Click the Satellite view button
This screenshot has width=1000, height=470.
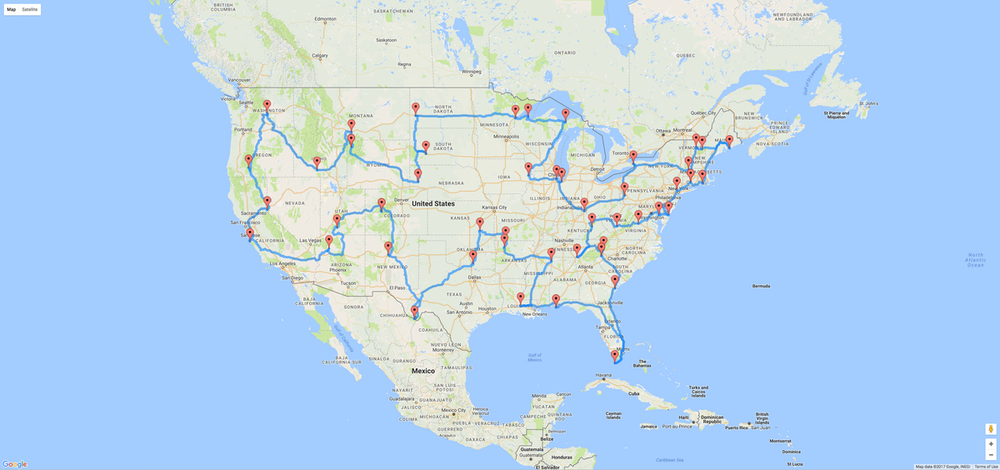point(30,9)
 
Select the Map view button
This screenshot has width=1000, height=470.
point(12,9)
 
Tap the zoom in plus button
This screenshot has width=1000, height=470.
point(991,444)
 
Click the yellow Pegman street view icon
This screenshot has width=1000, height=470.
point(991,428)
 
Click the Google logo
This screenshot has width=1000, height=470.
point(15,464)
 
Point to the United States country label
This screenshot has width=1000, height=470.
point(432,203)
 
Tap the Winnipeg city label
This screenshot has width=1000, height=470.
point(472,72)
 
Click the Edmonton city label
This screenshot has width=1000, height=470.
point(326,18)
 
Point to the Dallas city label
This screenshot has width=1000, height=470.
point(474,277)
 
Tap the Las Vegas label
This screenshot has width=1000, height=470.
point(310,240)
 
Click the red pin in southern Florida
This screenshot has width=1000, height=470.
point(615,356)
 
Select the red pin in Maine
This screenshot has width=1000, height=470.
point(729,141)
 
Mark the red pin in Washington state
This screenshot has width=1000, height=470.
point(267,106)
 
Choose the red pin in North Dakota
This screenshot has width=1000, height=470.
point(415,108)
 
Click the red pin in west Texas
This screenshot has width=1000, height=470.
point(414,312)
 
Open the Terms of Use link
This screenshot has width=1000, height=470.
point(987,467)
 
